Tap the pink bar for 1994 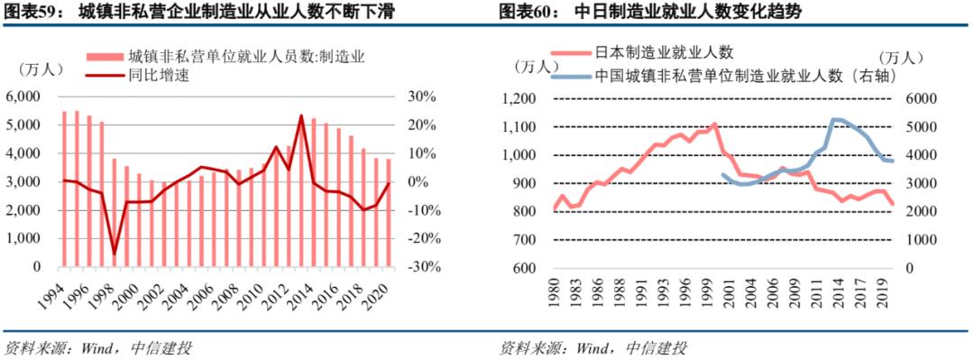point(64,189)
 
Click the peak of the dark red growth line point(301,115)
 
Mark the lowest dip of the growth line point(115,254)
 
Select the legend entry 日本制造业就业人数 point(658,56)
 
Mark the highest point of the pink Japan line point(715,124)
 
